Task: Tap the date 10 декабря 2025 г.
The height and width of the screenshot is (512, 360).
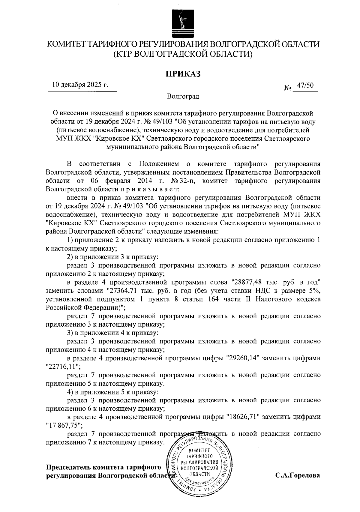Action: click(x=80, y=85)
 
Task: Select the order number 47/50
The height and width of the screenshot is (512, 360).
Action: click(x=305, y=86)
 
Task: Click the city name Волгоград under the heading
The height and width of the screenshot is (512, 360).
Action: click(x=183, y=97)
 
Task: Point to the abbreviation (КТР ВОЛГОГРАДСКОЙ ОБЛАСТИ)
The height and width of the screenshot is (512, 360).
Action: click(x=183, y=54)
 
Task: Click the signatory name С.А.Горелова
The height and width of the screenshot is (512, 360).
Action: click(x=298, y=475)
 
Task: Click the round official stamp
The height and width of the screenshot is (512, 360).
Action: click(x=199, y=465)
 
